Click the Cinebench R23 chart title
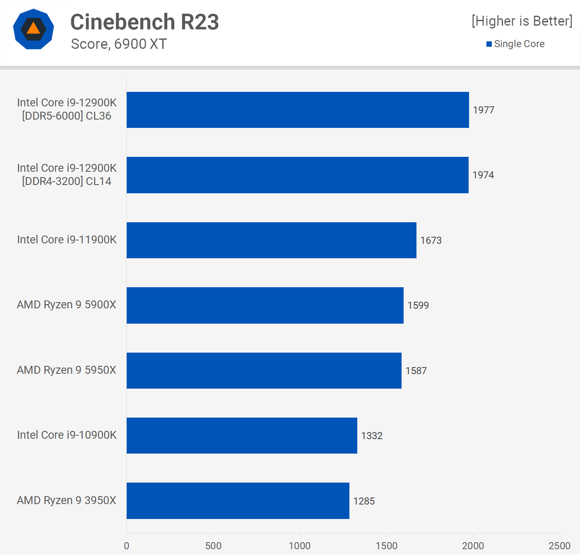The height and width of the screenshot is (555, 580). tap(144, 22)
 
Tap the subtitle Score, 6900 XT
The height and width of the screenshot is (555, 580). tap(119, 44)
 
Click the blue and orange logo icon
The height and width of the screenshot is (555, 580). tap(34, 29)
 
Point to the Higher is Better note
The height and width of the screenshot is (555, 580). tap(522, 21)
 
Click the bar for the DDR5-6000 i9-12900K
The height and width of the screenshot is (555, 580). tap(298, 110)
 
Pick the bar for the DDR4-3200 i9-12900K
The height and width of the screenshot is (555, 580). tap(297, 175)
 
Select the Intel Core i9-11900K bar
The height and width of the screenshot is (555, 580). tap(271, 240)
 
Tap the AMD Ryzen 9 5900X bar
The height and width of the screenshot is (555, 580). tap(265, 305)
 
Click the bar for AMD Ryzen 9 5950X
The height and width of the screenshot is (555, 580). tap(264, 370)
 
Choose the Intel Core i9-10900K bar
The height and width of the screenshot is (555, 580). tap(242, 435)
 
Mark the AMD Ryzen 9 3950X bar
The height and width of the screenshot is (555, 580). tap(238, 501)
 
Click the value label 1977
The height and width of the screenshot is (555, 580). tap(484, 110)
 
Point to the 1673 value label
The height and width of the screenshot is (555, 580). tap(431, 240)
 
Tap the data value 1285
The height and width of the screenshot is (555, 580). tap(364, 501)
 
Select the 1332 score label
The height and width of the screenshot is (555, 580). tap(372, 436)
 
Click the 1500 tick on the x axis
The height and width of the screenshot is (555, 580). tap(386, 546)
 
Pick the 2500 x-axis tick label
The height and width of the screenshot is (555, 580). tap(559, 546)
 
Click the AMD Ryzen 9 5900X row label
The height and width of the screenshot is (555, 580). tap(67, 305)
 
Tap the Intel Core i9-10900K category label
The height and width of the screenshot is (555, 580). tap(67, 435)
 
